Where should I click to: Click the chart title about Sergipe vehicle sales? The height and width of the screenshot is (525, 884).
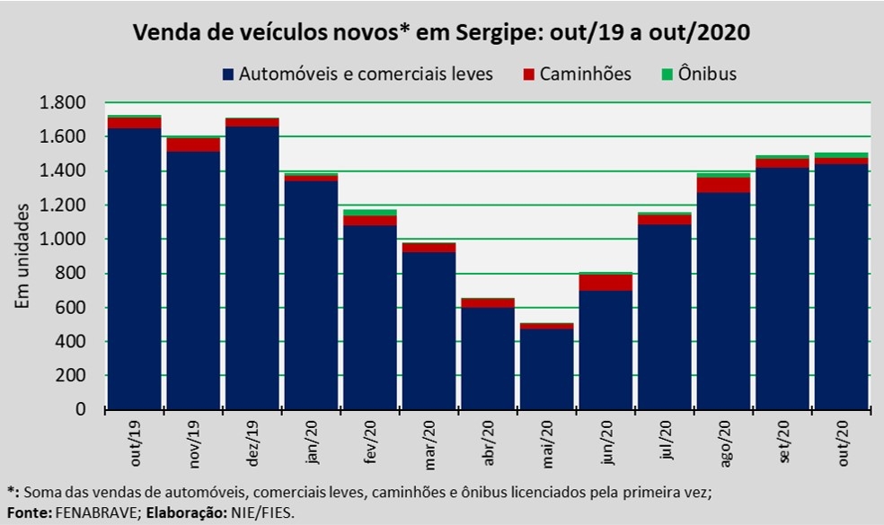coord(441,34)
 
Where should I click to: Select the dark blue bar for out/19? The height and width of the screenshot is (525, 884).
coord(135,269)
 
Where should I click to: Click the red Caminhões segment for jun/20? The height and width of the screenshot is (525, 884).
coord(606,283)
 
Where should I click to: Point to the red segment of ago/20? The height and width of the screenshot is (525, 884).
coord(723,185)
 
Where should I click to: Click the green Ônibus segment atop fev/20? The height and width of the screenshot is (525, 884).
coord(370,213)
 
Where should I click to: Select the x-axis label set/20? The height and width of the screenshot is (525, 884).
coord(783,442)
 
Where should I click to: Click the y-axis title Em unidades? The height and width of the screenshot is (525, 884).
coord(23,256)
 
